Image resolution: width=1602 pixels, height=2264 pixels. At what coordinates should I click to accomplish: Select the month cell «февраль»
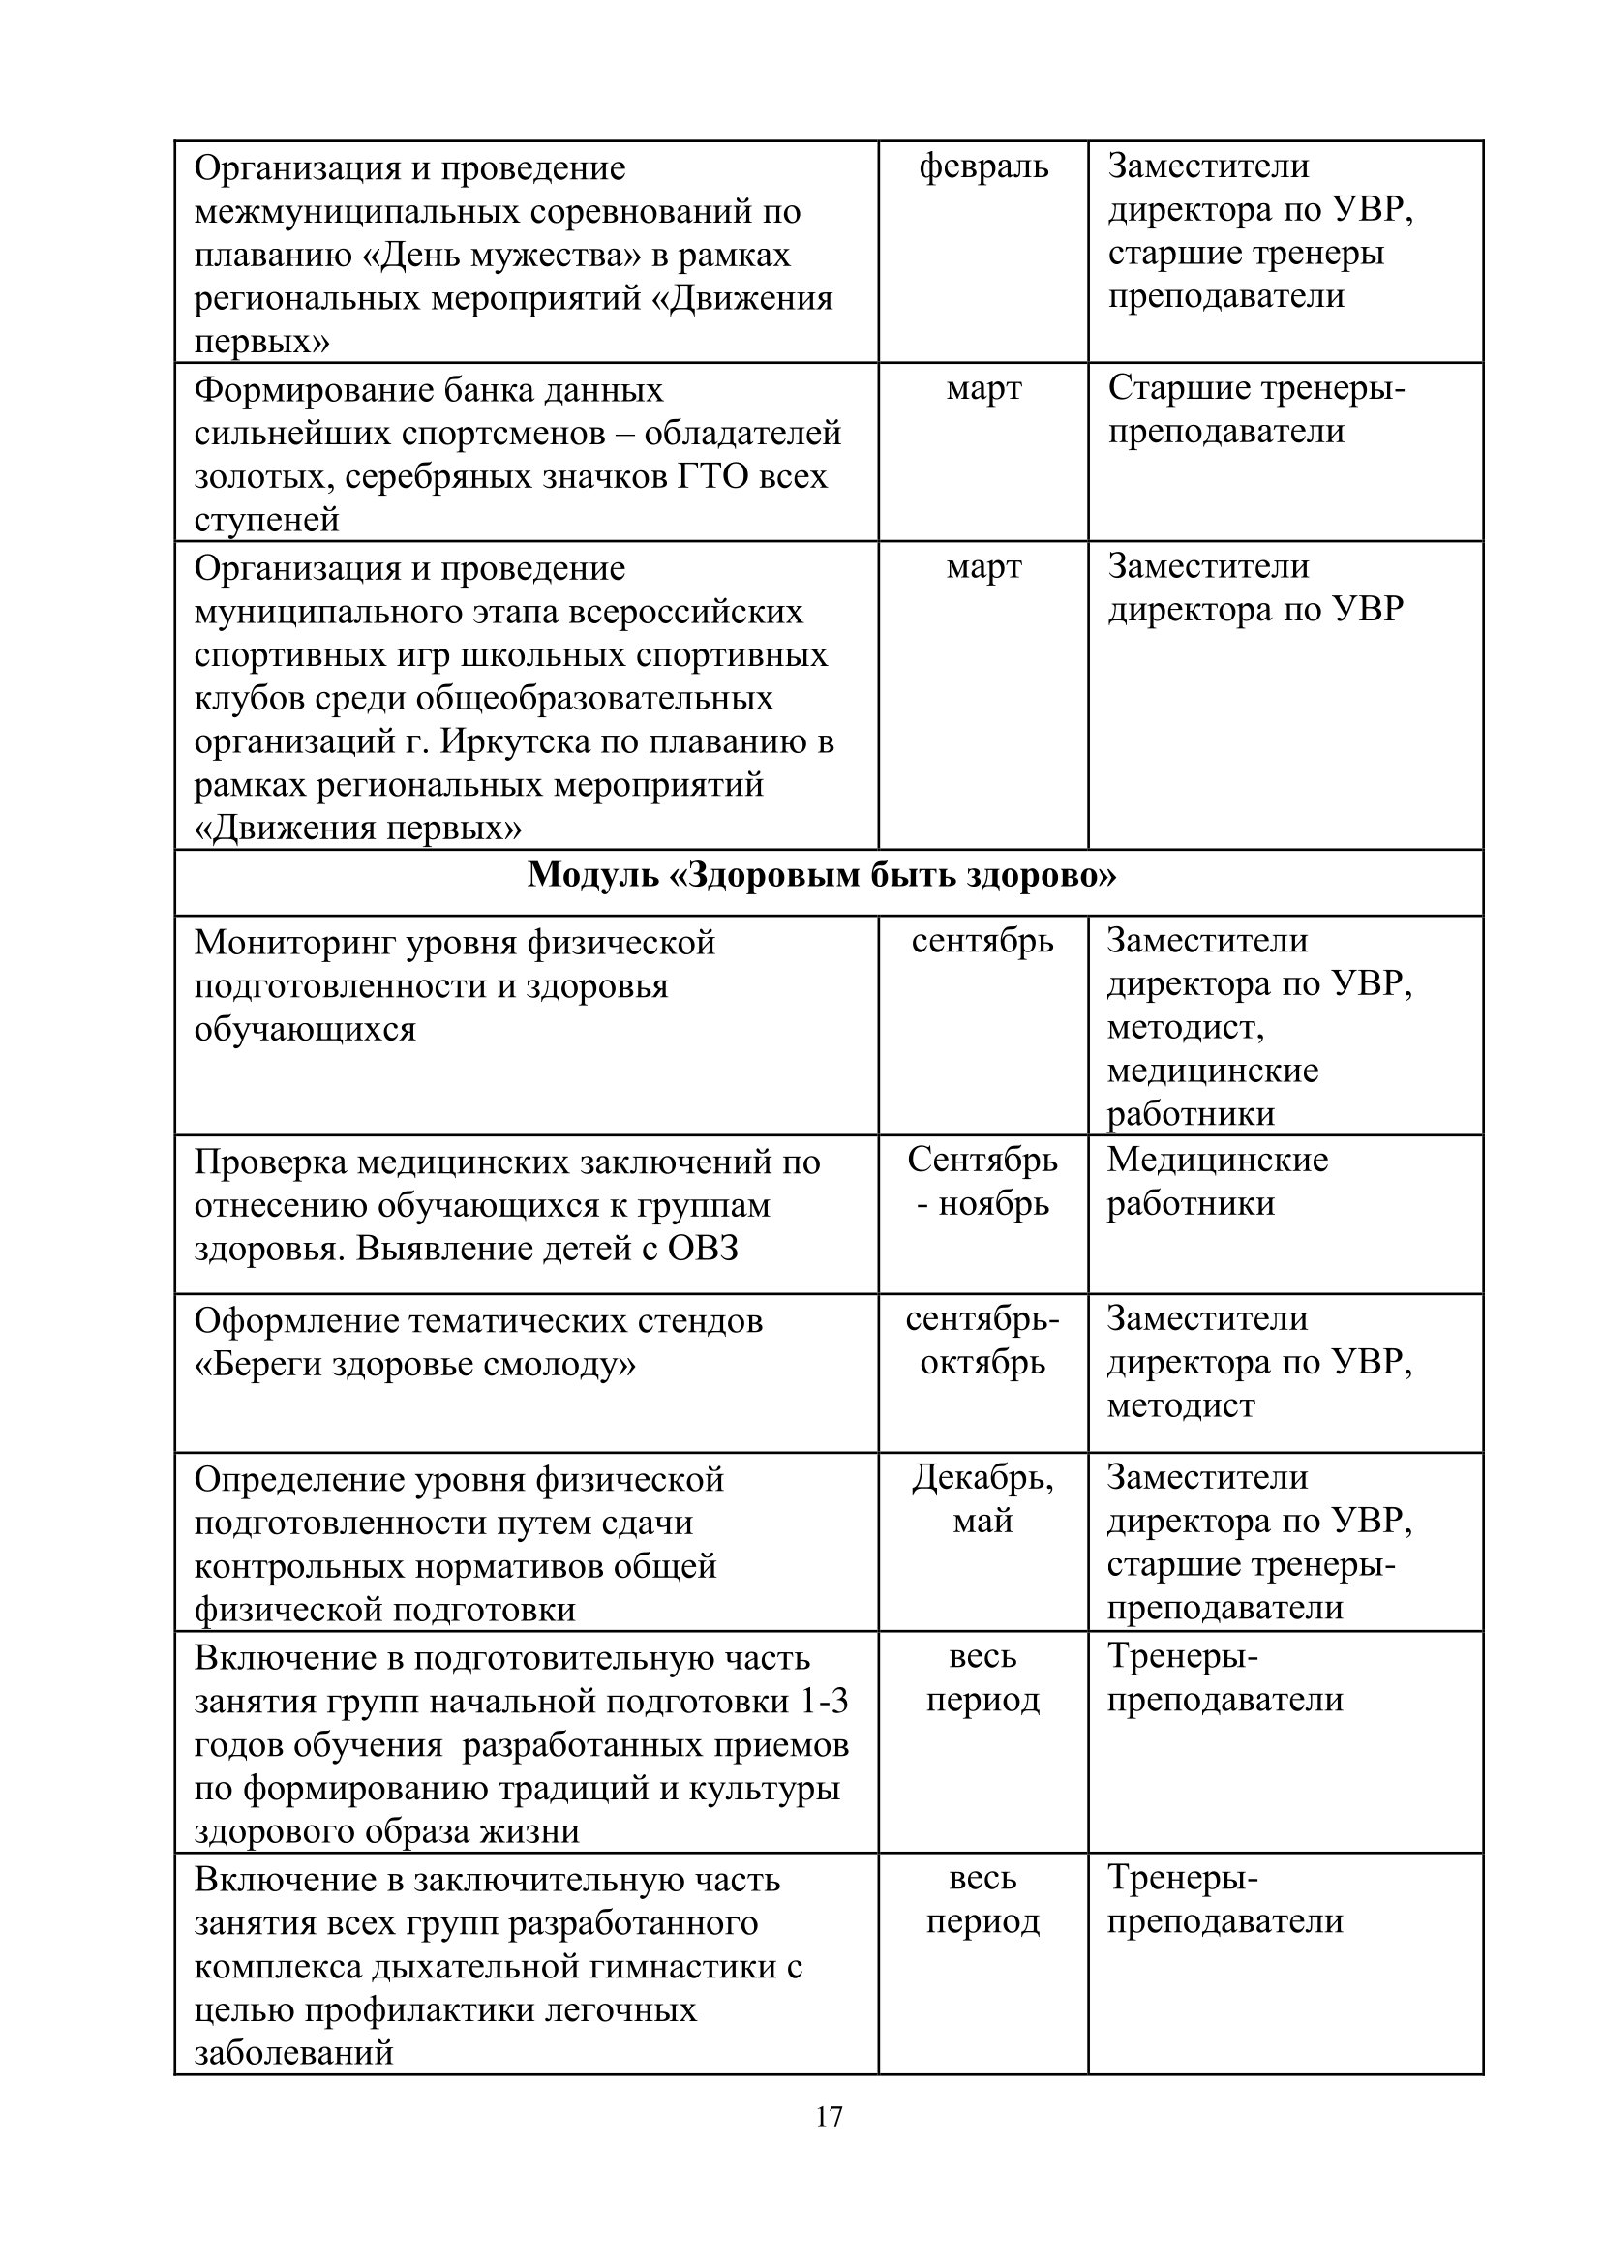982,167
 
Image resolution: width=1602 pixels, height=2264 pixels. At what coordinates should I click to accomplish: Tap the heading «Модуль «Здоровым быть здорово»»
822,875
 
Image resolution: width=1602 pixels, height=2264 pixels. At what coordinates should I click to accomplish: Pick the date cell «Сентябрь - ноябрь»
982,1182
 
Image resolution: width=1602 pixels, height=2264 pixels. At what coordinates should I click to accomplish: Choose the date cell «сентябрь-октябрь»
982,1341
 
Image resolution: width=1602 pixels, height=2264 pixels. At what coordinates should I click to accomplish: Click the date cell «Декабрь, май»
982,1498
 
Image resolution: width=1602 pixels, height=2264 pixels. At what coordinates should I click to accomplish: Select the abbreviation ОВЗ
703,1249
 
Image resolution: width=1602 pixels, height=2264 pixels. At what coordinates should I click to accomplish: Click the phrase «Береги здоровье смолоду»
415,1365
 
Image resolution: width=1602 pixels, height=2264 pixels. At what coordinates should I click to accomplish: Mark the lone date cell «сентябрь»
982,941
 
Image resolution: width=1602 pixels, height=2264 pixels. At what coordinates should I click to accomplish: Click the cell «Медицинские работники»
1218,1182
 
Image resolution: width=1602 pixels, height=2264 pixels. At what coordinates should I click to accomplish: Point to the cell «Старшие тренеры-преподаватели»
1255,410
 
